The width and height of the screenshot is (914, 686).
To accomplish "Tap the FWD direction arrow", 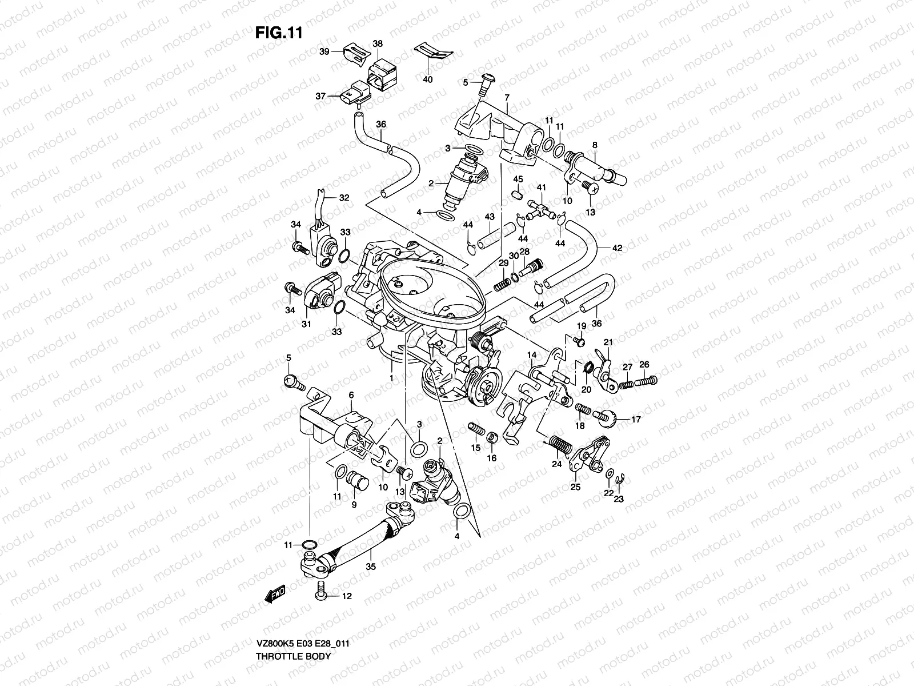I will click(x=275, y=595).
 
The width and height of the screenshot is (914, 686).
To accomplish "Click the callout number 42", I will click(x=617, y=248).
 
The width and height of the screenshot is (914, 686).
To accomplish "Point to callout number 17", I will click(x=636, y=419).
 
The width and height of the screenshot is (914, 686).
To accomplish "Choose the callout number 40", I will click(x=427, y=79).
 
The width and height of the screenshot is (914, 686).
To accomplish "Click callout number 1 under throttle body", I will click(x=391, y=378).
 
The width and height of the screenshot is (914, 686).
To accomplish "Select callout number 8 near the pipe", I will click(x=595, y=145).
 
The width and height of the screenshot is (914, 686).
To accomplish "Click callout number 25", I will click(x=575, y=487).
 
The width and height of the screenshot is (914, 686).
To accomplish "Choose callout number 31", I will click(x=306, y=324).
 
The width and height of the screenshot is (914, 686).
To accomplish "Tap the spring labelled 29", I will click(x=501, y=281).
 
